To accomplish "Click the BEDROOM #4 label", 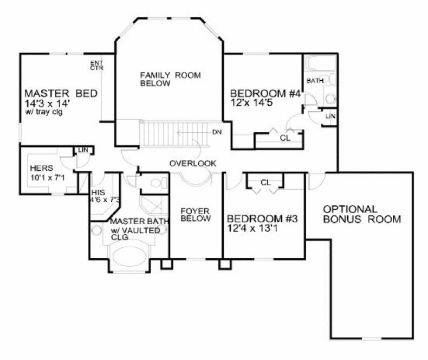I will point(265,93).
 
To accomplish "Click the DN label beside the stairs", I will point(216,132).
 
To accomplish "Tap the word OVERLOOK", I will point(193,163).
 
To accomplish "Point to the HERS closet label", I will point(42,168).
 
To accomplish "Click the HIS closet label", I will point(99,192).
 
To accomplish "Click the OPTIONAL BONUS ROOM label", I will point(361,214).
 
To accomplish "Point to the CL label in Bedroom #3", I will point(265,182).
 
